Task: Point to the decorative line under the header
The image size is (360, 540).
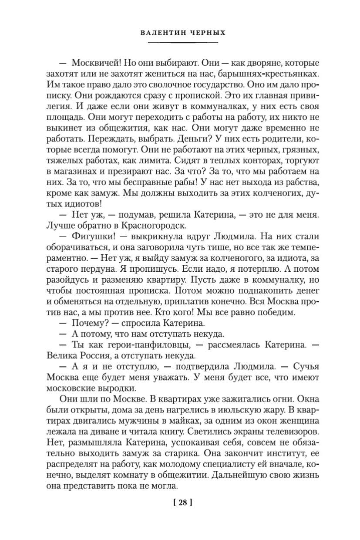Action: point(182,42)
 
